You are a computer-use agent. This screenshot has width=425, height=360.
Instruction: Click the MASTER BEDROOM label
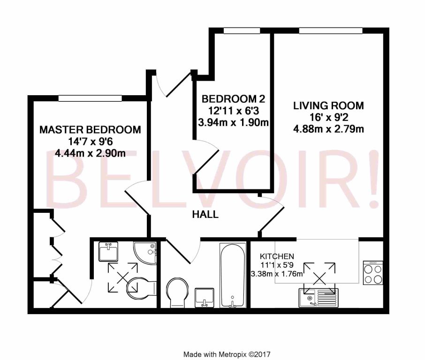pyautogui.click(x=90, y=130)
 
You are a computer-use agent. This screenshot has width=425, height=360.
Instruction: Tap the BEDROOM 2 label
pyautogui.click(x=233, y=99)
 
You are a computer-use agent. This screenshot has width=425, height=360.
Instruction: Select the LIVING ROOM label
pyautogui.click(x=328, y=105)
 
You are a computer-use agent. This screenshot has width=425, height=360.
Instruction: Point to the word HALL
pyautogui.click(x=205, y=215)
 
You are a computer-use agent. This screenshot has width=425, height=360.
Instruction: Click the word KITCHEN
pyautogui.click(x=277, y=256)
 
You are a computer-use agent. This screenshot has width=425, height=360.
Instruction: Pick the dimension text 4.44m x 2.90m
pyautogui.click(x=90, y=153)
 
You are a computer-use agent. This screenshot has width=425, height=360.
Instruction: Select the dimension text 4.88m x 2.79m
pyautogui.click(x=328, y=128)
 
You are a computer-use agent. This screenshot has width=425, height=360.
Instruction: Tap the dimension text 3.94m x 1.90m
pyautogui.click(x=233, y=123)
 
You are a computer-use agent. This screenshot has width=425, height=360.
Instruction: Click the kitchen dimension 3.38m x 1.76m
pyautogui.click(x=277, y=274)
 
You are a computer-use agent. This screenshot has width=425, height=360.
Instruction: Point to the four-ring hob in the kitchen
pyautogui.click(x=373, y=273)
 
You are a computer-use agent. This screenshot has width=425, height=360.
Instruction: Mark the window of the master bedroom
pyautogui.click(x=91, y=99)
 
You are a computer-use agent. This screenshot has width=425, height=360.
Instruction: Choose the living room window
pyautogui.click(x=331, y=31)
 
